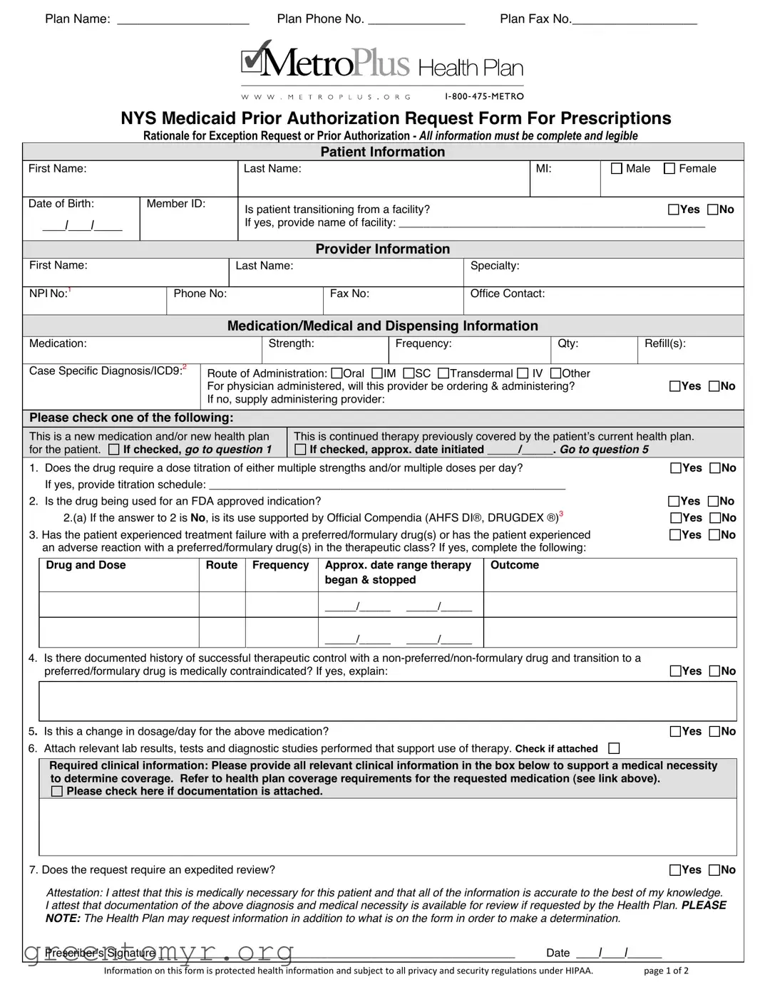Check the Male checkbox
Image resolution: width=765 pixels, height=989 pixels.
point(617,169)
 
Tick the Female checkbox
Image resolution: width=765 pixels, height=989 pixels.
point(669,169)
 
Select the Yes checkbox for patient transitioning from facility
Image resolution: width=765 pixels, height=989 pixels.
point(674,209)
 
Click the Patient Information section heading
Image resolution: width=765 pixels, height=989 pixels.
point(382,152)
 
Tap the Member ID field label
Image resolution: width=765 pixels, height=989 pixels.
point(175,204)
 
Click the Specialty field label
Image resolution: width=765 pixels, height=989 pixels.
point(494,266)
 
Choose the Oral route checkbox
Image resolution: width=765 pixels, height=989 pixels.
point(337,373)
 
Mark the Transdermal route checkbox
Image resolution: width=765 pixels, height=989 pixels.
point(443,373)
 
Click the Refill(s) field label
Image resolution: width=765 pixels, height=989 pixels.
point(664,343)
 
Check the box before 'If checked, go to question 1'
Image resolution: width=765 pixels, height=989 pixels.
point(114,450)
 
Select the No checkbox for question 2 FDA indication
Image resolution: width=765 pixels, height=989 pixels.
point(714,502)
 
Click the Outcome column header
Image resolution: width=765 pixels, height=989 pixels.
point(514,565)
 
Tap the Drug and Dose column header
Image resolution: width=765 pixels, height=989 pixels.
point(86,565)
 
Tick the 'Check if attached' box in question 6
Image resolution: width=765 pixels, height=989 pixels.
point(614,748)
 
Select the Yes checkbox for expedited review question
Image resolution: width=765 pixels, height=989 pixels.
point(675,870)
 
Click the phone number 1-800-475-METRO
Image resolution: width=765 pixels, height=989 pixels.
point(484,96)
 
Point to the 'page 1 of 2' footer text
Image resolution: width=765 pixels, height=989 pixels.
point(666,970)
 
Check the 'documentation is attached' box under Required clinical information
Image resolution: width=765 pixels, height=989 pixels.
point(57,792)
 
